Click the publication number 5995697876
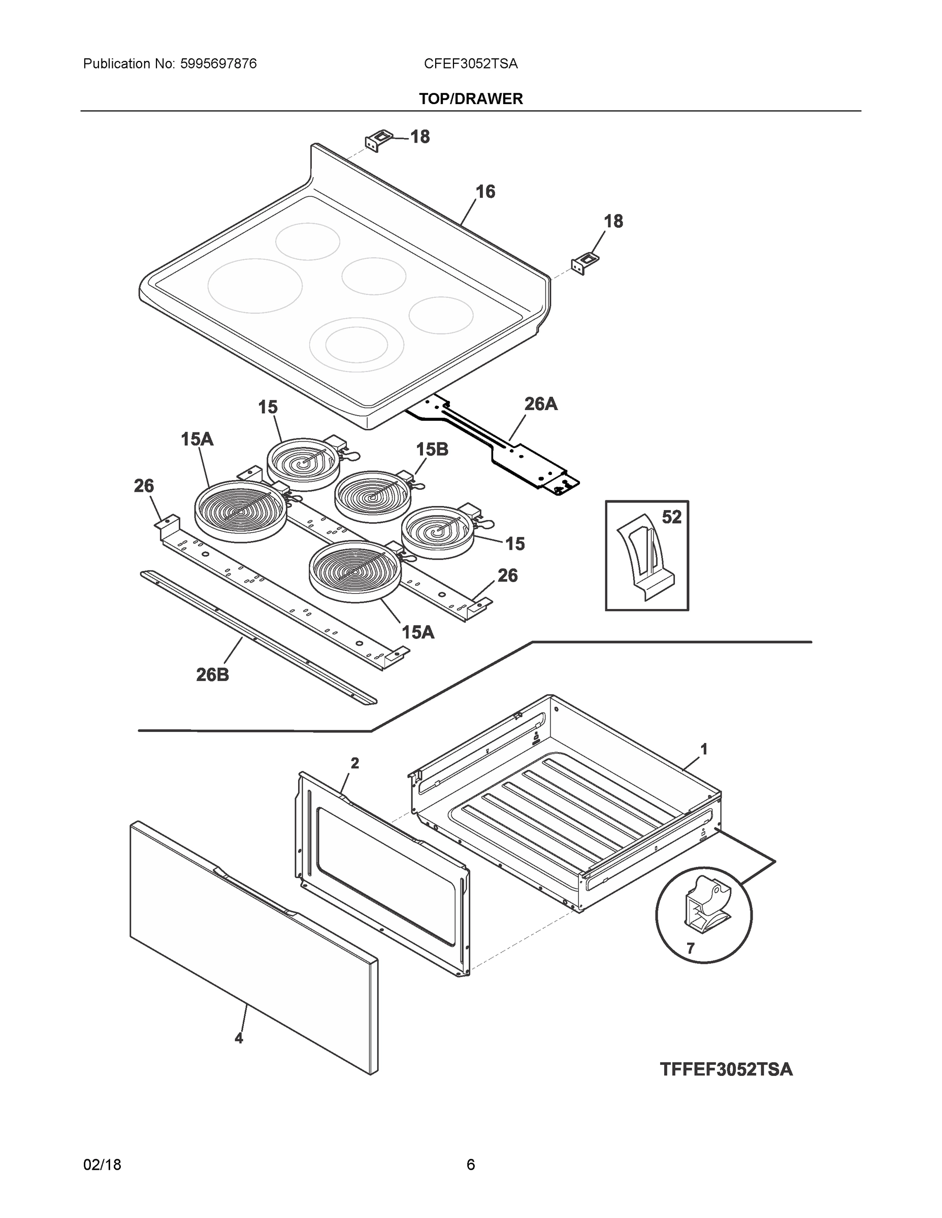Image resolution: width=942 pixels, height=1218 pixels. point(218,64)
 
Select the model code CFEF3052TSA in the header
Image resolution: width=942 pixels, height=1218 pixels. point(470,64)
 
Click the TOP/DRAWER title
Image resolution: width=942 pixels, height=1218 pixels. point(470,99)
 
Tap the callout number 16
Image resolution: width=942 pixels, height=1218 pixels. point(485,192)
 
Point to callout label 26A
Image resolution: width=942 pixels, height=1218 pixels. point(540,404)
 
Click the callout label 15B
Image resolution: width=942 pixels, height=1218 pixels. point(432,450)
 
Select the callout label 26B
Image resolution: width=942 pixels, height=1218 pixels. point(213,675)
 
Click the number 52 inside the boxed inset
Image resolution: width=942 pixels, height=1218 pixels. point(671,517)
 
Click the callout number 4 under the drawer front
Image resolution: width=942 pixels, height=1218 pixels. point(239,1038)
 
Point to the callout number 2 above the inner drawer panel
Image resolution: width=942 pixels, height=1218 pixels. point(354,763)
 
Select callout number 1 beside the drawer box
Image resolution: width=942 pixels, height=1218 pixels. point(704,749)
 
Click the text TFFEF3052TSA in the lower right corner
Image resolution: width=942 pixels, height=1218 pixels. point(726,1070)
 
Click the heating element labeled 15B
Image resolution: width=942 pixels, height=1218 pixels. point(372,496)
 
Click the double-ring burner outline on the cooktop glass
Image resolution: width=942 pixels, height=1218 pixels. point(356,344)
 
